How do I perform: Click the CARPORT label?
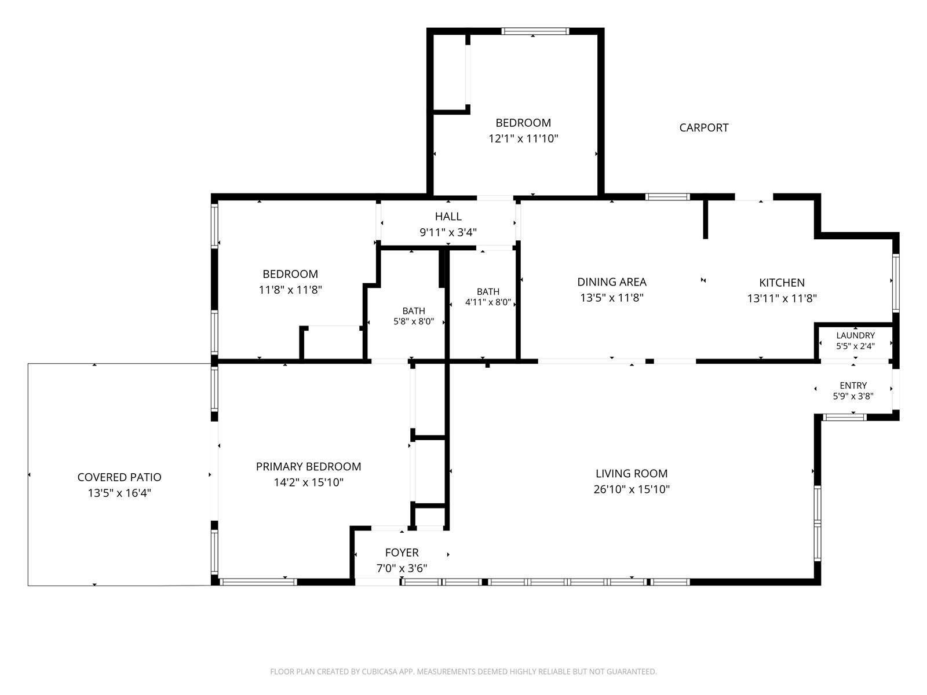pos(703,127)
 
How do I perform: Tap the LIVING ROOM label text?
pos(632,473)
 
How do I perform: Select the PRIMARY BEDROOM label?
pos(308,466)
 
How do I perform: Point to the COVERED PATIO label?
pos(119,477)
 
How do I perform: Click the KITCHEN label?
pos(782,282)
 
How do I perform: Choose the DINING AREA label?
pos(611,281)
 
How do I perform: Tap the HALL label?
pos(448,216)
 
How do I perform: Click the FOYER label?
pos(402,553)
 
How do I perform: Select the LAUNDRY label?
pos(855,335)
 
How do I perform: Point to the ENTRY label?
pos(853,385)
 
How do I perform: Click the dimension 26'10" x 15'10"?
pos(632,489)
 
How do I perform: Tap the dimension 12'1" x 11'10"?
pos(523,138)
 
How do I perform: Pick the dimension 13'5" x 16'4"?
pos(119,492)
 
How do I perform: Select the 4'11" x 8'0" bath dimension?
pos(488,302)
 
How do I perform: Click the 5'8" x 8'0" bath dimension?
pos(414,321)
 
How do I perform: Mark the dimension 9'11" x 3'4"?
pos(448,232)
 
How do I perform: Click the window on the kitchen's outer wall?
pos(895,282)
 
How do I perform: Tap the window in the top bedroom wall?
pos(535,31)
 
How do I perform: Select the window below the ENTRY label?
pos(844,418)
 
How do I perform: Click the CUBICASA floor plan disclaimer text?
pos(463,671)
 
